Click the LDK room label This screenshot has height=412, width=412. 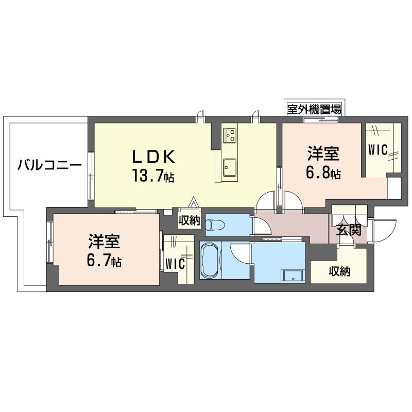[156, 156]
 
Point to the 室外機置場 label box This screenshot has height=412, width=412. [314, 109]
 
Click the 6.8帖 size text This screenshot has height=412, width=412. [323, 174]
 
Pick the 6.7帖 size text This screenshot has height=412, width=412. [104, 261]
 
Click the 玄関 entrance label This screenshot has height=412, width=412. [348, 230]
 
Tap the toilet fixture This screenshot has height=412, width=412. [216, 225]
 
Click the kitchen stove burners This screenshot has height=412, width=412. [230, 134]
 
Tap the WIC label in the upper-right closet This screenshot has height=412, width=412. [377, 149]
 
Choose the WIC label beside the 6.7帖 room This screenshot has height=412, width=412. [175, 263]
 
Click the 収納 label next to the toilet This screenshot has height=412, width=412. [189, 220]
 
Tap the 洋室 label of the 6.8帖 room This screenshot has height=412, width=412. [323, 153]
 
